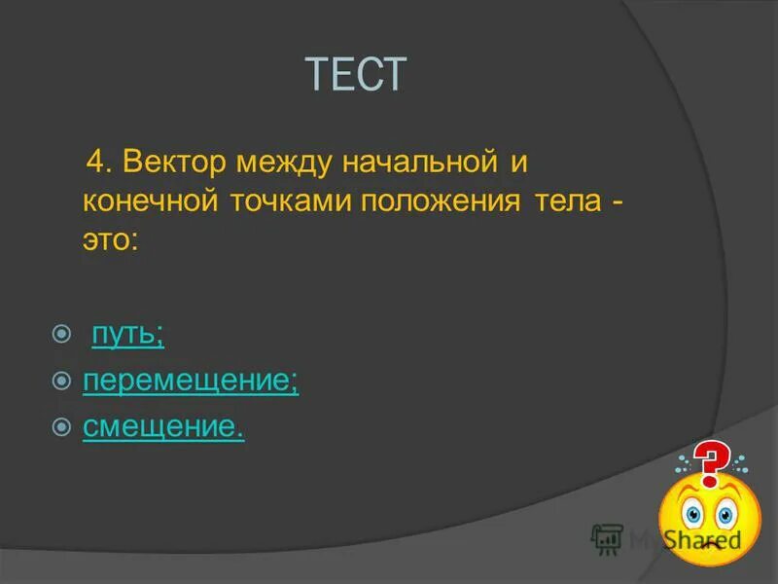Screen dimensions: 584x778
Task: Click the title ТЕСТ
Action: [x=355, y=75]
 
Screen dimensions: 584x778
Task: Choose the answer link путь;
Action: [x=127, y=335]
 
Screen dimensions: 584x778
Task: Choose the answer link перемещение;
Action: [x=191, y=381]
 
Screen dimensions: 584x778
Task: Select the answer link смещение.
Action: [x=163, y=426]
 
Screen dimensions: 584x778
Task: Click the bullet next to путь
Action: [x=62, y=335]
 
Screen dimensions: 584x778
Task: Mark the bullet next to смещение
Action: [x=62, y=426]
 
